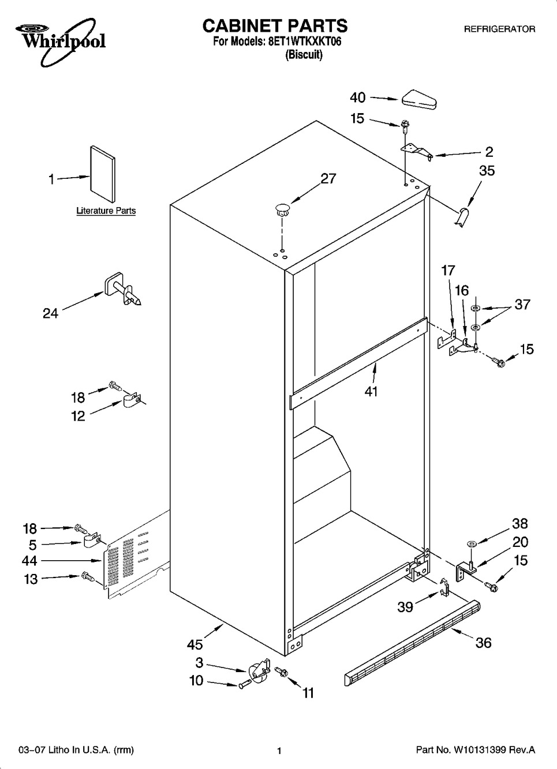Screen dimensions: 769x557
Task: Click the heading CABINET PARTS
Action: pyautogui.click(x=275, y=25)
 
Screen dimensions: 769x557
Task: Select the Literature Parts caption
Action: pyautogui.click(x=106, y=211)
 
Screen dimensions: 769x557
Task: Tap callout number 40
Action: pyautogui.click(x=357, y=97)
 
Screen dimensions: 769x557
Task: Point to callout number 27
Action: pyautogui.click(x=328, y=179)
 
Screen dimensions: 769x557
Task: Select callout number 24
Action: pyautogui.click(x=51, y=313)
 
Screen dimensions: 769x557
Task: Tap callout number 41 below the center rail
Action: pyautogui.click(x=371, y=391)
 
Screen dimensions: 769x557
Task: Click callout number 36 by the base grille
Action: pyautogui.click(x=483, y=643)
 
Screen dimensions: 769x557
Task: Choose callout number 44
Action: pyautogui.click(x=29, y=561)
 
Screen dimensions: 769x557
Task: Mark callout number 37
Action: pyautogui.click(x=522, y=305)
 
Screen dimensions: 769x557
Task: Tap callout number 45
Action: pyautogui.click(x=195, y=644)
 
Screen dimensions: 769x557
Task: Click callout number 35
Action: pyautogui.click(x=487, y=171)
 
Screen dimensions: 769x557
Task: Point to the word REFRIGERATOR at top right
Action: pyautogui.click(x=500, y=29)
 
